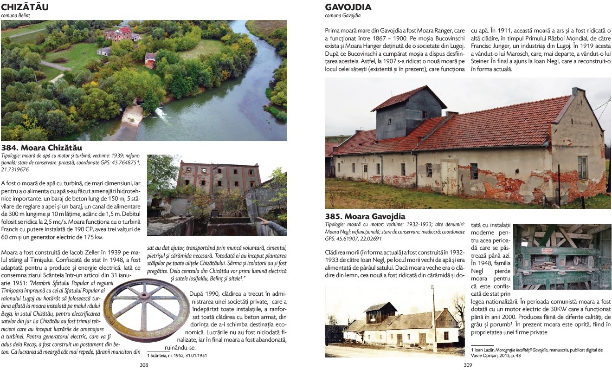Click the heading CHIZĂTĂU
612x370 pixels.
[x=26, y=7]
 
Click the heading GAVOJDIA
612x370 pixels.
[x=348, y=7]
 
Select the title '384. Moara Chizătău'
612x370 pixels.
[x=42, y=148]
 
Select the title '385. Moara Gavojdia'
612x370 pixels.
[x=365, y=216]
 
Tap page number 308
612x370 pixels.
[x=144, y=364]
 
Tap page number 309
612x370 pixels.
[x=468, y=364]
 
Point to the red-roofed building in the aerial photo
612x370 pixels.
[x=118, y=34]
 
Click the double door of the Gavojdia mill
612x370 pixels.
[x=449, y=177]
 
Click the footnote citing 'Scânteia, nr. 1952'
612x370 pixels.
[x=177, y=355]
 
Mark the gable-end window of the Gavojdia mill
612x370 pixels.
[x=582, y=168]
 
